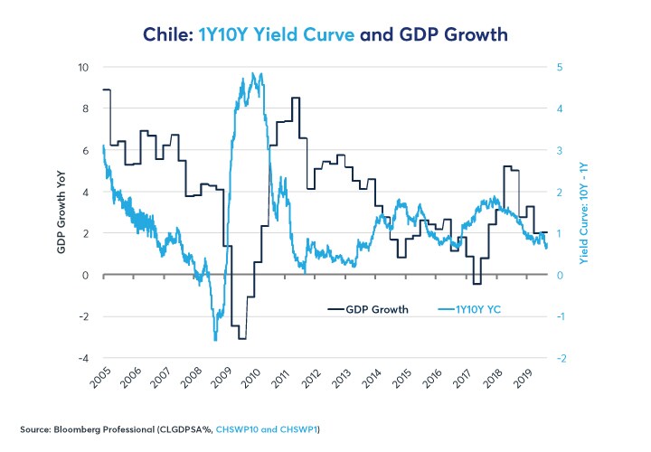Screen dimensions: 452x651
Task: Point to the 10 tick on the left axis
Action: click(x=82, y=68)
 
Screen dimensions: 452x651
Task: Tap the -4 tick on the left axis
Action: click(x=82, y=358)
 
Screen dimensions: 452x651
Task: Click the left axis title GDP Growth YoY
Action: click(x=62, y=213)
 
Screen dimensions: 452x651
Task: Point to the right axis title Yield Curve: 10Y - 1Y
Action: click(x=583, y=213)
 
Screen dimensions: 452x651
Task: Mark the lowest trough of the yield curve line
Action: click(x=215, y=340)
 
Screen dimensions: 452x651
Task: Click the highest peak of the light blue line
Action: click(x=260, y=74)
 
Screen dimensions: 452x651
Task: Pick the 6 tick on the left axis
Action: click(x=86, y=151)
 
